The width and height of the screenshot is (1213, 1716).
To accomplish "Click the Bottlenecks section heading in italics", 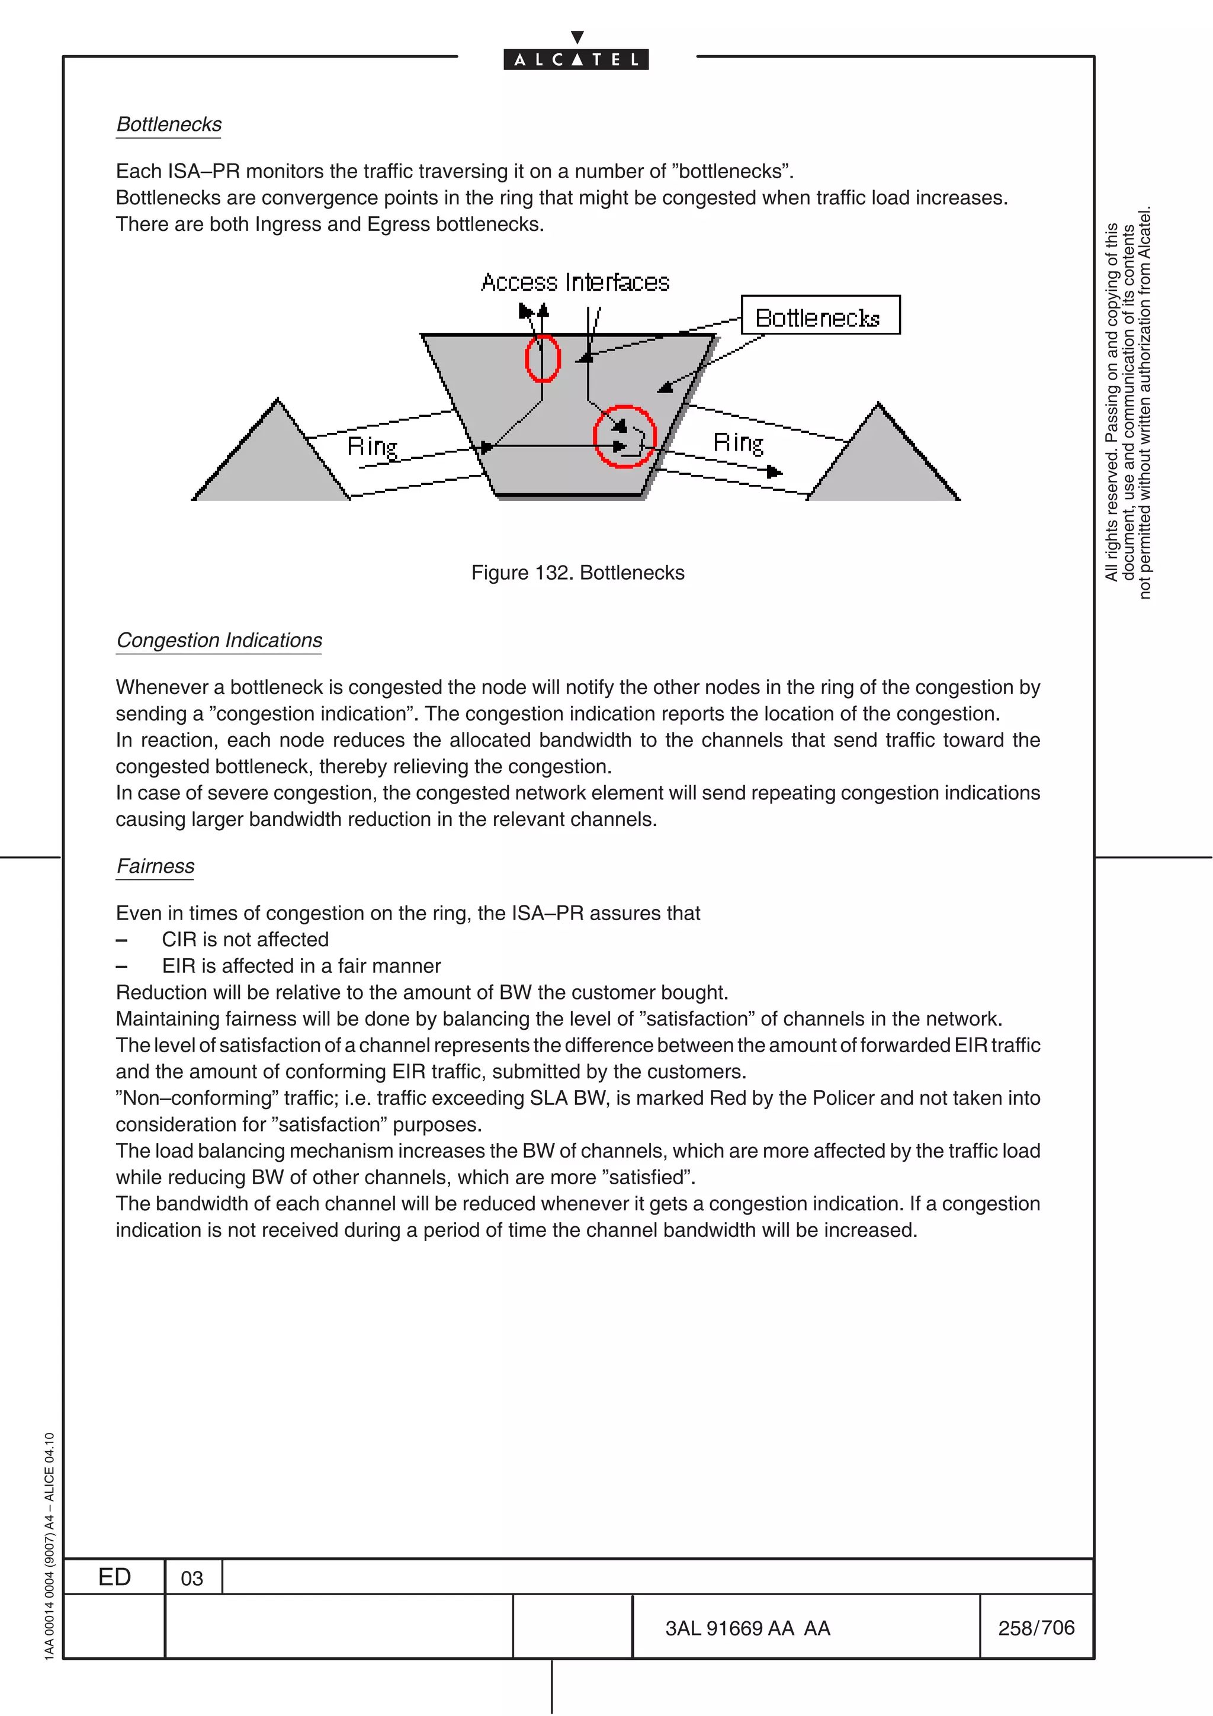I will [x=169, y=124].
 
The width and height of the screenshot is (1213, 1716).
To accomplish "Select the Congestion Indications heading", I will [x=219, y=641].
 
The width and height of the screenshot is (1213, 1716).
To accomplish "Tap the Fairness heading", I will [x=155, y=866].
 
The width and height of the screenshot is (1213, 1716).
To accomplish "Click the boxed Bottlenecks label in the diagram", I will [x=820, y=317].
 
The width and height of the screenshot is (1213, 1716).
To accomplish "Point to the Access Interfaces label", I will [x=575, y=282].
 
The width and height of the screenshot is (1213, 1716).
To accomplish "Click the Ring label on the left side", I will [x=372, y=447].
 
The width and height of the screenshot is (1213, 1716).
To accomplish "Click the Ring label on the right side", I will [x=737, y=443].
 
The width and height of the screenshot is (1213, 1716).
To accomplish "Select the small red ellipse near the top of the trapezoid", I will [x=543, y=358].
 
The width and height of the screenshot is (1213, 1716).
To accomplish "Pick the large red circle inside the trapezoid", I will [x=625, y=437].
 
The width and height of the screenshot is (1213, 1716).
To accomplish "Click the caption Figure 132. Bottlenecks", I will [x=577, y=573].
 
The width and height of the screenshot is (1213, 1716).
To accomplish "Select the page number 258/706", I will [x=1036, y=1628].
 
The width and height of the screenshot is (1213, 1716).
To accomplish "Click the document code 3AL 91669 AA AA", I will [x=747, y=1628].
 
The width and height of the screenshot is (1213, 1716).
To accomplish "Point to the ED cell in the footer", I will [x=114, y=1577].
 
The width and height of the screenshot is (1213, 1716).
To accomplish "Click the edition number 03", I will [x=192, y=1579].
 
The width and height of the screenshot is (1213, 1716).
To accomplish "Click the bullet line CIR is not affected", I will [x=245, y=940].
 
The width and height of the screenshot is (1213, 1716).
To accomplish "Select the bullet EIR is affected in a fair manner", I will [x=301, y=966].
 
